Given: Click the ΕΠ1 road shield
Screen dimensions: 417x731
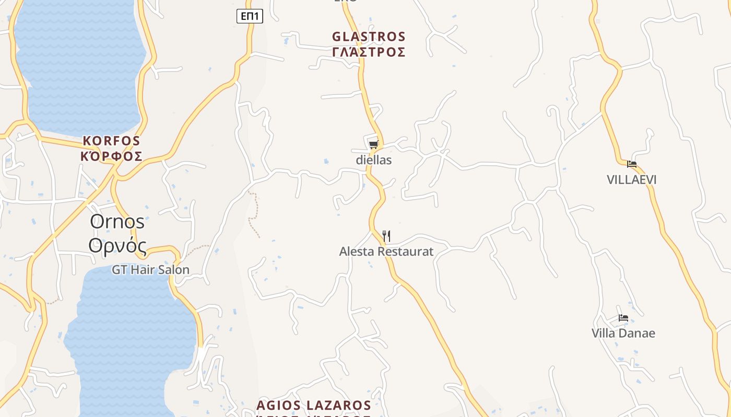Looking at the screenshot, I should [x=250, y=16].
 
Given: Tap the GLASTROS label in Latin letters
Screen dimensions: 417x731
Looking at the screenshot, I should [x=369, y=37].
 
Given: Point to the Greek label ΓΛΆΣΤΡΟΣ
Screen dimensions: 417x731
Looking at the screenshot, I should [x=369, y=52].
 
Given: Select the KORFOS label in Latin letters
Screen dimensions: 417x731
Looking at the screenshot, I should [x=112, y=141].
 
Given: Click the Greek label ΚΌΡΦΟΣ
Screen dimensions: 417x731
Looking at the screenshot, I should [x=112, y=156].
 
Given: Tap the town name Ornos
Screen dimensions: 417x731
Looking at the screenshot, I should [x=117, y=221].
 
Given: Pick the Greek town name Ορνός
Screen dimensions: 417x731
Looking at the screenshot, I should [x=117, y=245].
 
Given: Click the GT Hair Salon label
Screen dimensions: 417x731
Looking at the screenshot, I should [x=150, y=269].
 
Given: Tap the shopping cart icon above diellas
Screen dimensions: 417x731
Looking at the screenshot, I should [x=373, y=144].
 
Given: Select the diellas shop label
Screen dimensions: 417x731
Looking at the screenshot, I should [x=374, y=160].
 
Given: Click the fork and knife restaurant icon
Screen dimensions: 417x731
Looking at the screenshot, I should [x=386, y=236].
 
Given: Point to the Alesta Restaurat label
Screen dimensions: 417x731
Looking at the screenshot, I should [x=386, y=252].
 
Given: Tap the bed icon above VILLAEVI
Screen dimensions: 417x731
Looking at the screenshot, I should [x=632, y=164].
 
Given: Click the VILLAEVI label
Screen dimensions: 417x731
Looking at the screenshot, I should [x=632, y=180].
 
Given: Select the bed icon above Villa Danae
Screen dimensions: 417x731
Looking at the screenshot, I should [x=623, y=318].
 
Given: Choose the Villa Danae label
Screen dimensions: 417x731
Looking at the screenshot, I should [x=623, y=334].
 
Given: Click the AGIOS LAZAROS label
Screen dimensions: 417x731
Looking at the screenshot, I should [x=314, y=406].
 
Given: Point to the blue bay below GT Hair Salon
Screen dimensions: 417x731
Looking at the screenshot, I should [x=131, y=334].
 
